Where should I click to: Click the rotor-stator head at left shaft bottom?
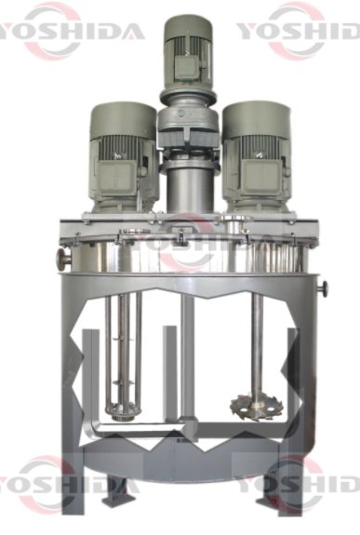(120, 410)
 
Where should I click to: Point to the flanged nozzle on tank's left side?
(64, 260)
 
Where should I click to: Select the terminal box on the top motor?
(186, 67)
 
